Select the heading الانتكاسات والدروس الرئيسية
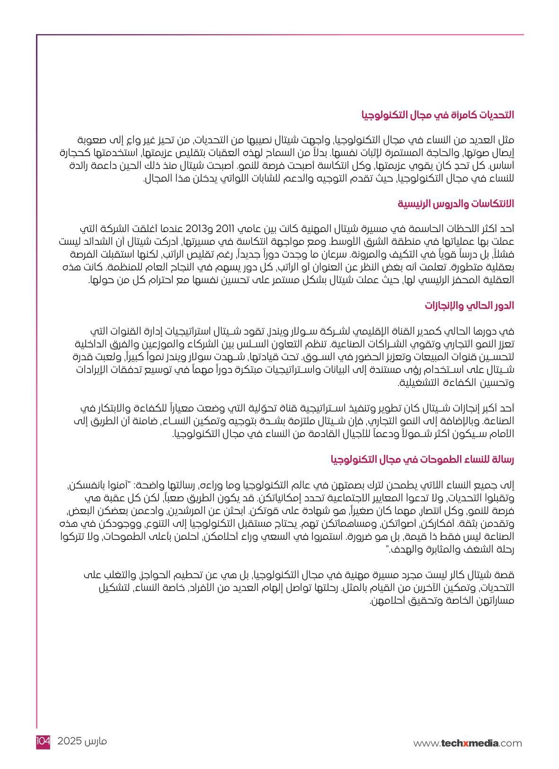[x=455, y=204]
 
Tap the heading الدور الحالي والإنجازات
[x=470, y=305]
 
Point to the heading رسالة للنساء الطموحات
[x=422, y=459]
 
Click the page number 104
[x=43, y=741]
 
